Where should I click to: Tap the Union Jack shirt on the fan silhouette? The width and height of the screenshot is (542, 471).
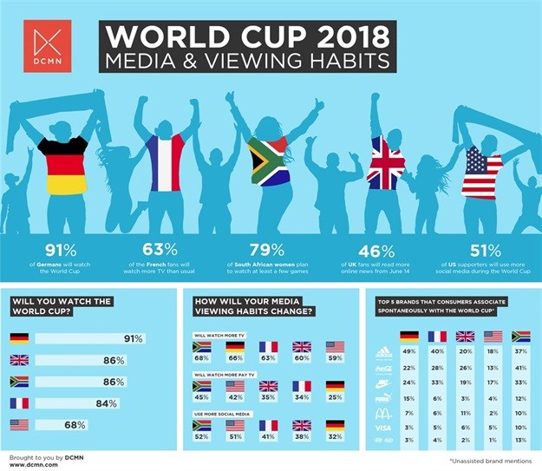coord(386,163)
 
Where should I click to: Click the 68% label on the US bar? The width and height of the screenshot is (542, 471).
coord(100,424)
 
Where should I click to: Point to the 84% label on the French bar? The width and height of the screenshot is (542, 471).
coord(130,402)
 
